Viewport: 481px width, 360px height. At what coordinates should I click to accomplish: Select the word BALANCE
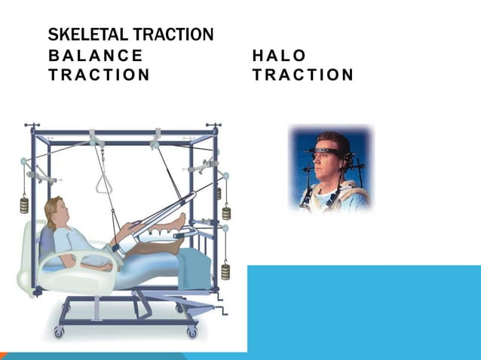coord(95,56)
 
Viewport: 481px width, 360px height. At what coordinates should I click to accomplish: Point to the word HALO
coord(280,56)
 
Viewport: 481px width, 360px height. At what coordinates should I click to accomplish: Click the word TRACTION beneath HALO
coord(303,75)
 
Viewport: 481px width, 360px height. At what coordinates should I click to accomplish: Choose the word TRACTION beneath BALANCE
coord(99,75)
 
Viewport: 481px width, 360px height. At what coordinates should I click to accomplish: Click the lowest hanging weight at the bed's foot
coord(225,270)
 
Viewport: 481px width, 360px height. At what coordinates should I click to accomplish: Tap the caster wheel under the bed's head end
coord(60,331)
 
